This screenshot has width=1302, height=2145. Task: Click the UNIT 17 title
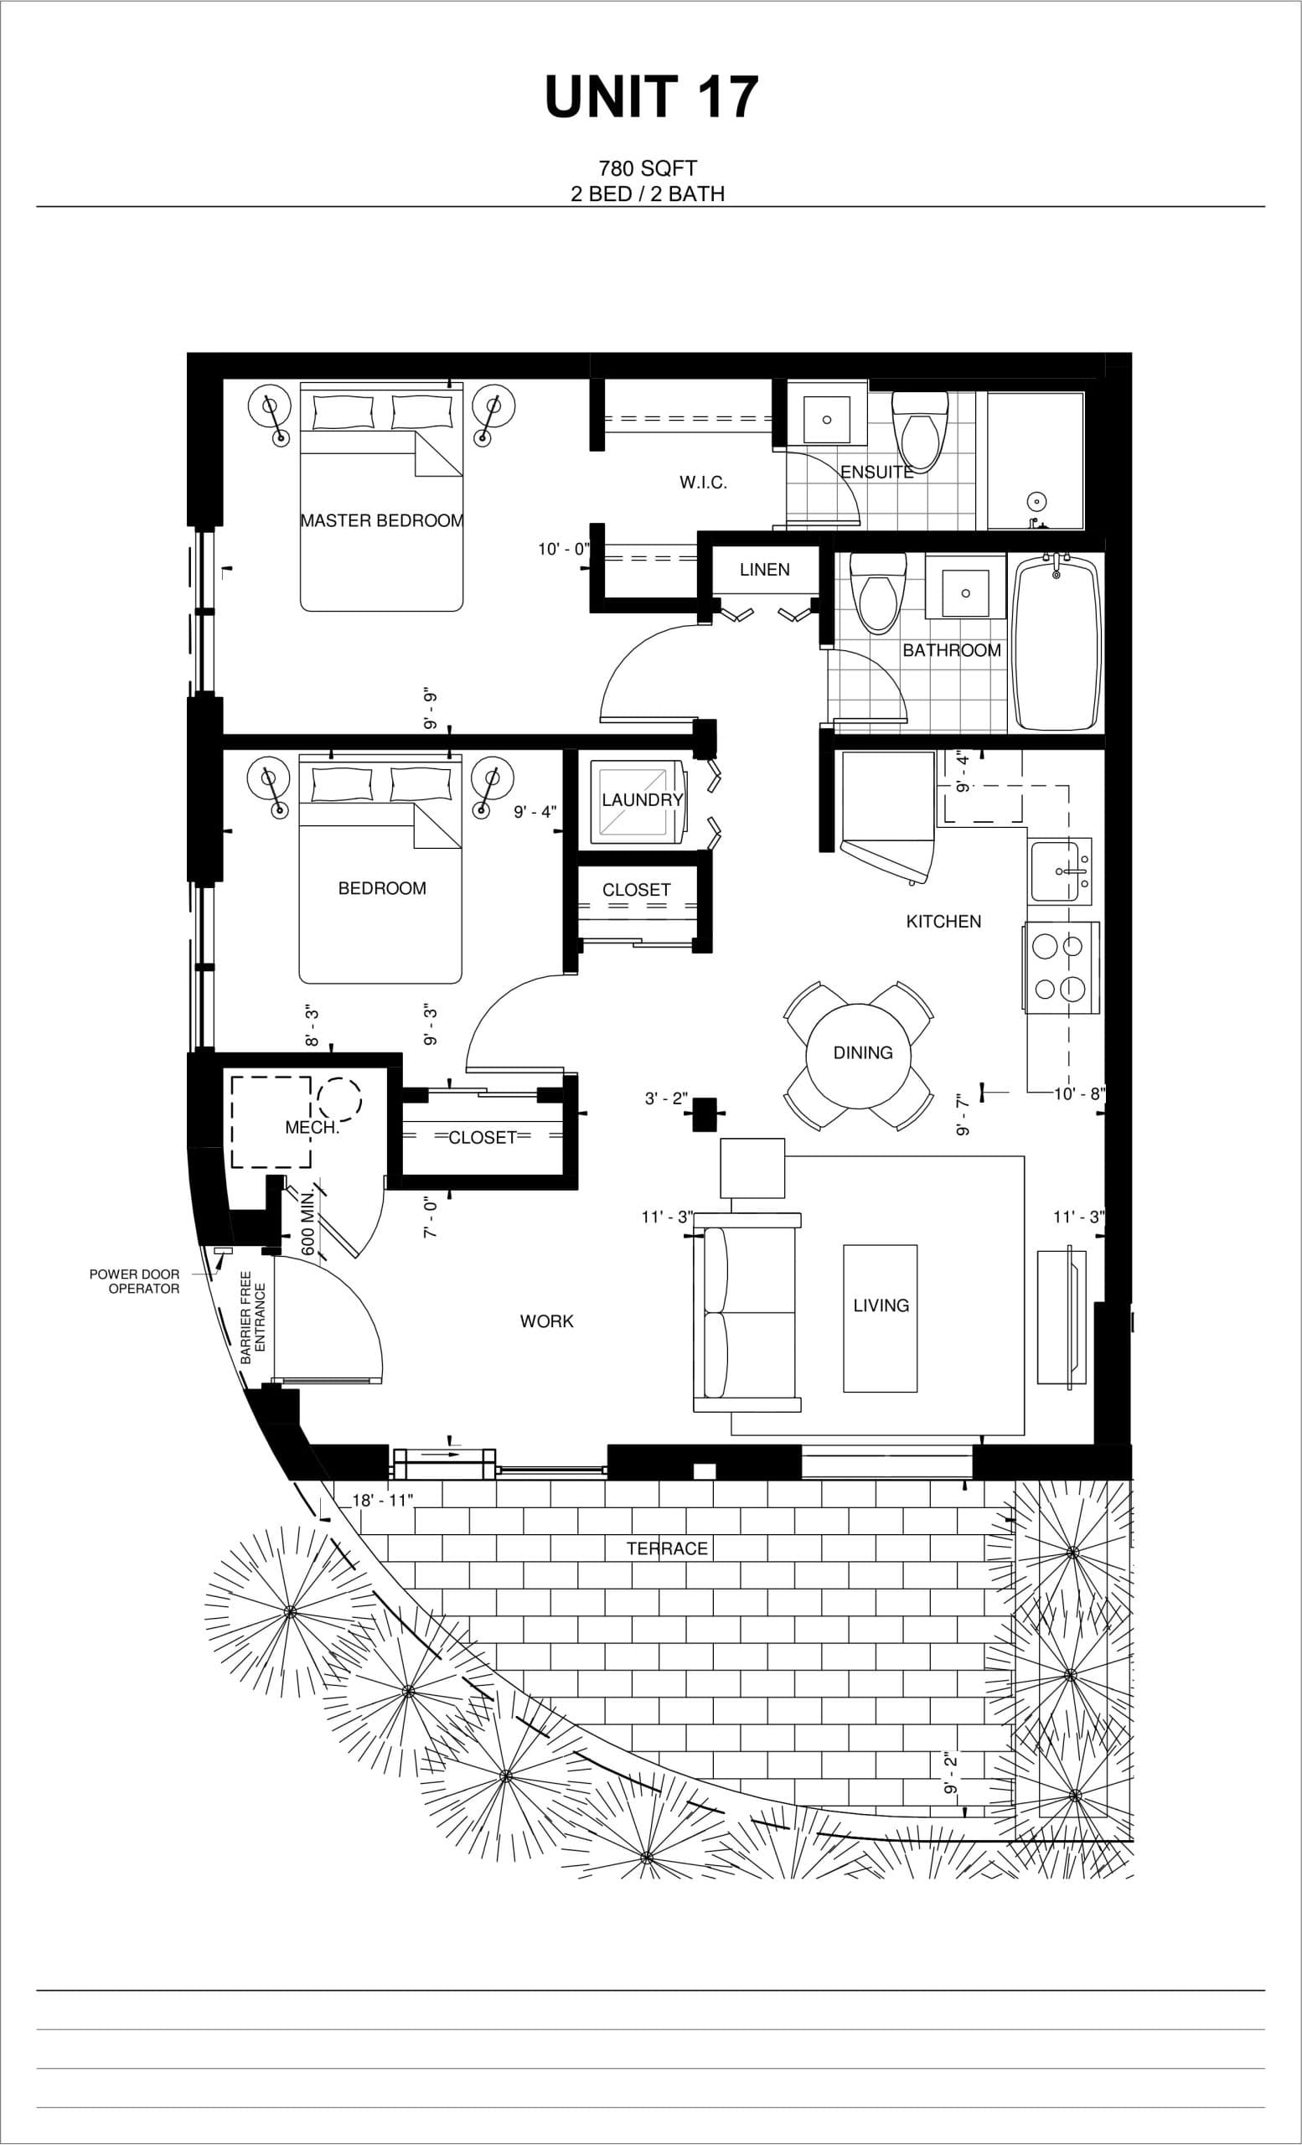click(651, 97)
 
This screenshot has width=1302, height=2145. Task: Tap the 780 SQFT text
click(648, 168)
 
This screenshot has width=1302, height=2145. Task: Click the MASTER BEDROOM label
click(381, 520)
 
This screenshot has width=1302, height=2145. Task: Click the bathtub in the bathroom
click(1056, 644)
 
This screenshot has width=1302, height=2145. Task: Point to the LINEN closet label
click(764, 569)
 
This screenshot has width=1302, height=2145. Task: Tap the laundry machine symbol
click(636, 801)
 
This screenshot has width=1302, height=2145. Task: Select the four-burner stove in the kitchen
click(1060, 967)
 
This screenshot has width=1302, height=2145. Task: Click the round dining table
click(861, 1053)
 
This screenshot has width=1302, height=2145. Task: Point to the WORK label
click(546, 1321)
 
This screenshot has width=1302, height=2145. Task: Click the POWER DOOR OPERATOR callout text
click(135, 1280)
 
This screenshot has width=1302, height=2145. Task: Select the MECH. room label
click(312, 1127)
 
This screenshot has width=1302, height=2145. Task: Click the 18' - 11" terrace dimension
click(382, 1500)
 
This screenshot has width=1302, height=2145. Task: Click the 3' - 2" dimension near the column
click(666, 1098)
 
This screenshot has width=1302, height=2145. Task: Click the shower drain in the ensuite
click(1036, 501)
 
